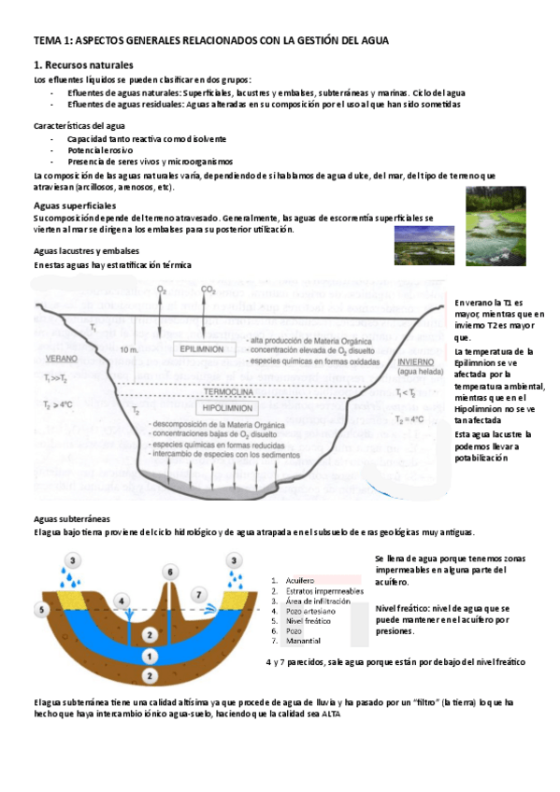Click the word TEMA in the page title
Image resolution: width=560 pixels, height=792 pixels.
tap(47, 40)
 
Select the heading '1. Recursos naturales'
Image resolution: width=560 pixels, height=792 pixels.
tap(83, 65)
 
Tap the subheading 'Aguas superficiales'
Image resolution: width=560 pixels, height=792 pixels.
tap(75, 204)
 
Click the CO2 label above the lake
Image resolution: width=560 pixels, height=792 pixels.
tap(208, 290)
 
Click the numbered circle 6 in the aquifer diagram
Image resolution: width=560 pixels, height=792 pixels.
tap(169, 572)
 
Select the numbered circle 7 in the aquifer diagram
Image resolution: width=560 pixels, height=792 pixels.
tap(197, 593)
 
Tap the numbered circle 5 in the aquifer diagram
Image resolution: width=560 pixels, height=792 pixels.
tap(41, 609)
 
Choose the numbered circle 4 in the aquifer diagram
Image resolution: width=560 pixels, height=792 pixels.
tap(121, 600)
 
